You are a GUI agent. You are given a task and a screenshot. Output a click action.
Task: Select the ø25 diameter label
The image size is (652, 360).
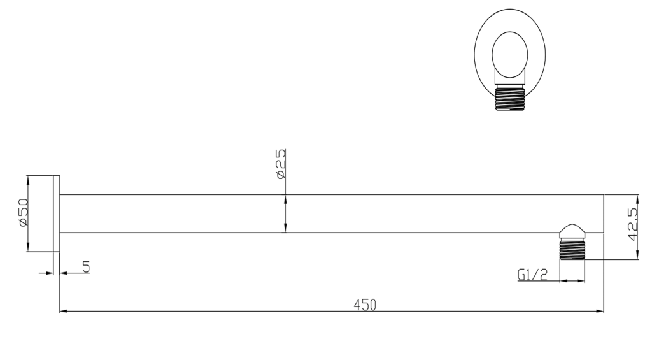[x=281, y=164]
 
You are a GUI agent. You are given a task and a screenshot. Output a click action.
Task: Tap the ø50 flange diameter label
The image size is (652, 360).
[x=23, y=213]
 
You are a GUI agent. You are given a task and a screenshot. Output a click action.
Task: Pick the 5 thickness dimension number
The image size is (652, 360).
[x=85, y=266]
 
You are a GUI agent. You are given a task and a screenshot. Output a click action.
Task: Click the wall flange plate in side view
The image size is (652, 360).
[x=56, y=213]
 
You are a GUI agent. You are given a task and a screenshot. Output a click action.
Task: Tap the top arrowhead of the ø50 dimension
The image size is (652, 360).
[x=29, y=178]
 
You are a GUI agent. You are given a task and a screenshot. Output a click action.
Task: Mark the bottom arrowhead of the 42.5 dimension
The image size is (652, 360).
[x=637, y=256]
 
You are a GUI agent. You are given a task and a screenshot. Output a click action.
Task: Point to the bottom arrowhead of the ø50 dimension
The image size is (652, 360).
[x=29, y=248]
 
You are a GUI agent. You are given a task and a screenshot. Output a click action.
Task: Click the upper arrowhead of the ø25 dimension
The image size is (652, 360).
[x=285, y=198]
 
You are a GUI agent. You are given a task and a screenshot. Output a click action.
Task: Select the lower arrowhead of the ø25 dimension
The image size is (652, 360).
[x=285, y=229]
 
